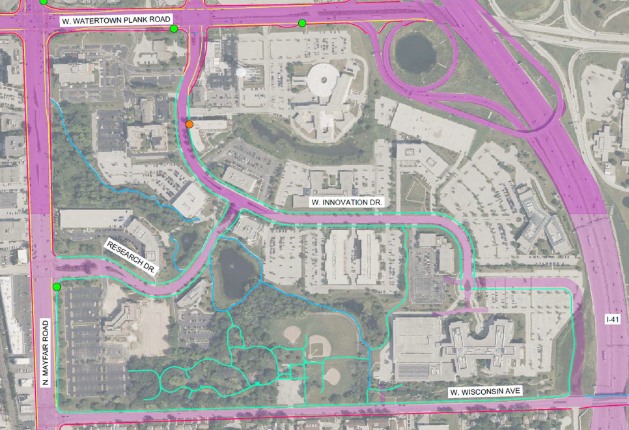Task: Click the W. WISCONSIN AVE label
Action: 485,392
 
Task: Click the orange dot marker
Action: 189,124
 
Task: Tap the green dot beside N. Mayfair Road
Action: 57,287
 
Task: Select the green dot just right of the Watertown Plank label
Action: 174,29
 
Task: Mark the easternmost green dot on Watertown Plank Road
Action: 302,23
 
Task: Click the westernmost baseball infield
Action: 292,334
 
